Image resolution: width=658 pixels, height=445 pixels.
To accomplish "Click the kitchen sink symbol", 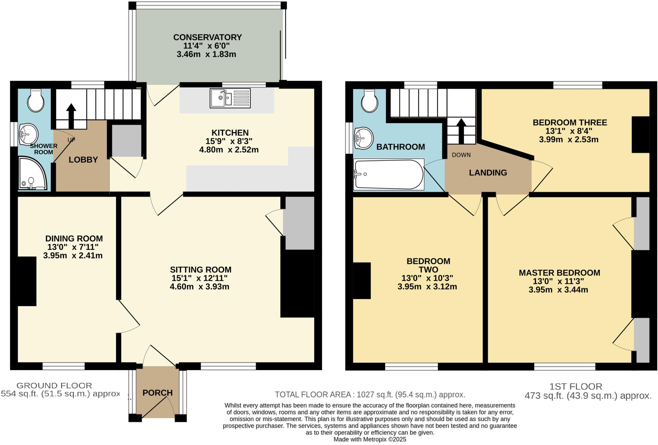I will [x=230, y=98].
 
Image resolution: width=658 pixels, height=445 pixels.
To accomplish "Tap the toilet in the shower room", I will [x=35, y=100].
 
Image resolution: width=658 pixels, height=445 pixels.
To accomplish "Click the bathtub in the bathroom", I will [x=388, y=174].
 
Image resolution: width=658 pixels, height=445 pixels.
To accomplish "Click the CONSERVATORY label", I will [x=207, y=37].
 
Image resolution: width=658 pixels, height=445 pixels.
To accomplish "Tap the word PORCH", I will [x=157, y=393].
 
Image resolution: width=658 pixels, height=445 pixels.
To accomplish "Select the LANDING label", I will [x=488, y=173].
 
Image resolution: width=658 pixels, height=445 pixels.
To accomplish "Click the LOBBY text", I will [x=83, y=160].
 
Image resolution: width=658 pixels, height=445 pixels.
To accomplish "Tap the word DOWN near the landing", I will [x=461, y=155].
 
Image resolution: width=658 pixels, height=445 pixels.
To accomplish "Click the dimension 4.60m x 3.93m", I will [x=200, y=287].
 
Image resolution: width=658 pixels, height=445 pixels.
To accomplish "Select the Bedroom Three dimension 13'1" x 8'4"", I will [x=568, y=131].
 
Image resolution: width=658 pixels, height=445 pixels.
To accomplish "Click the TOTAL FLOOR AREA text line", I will [x=370, y=395].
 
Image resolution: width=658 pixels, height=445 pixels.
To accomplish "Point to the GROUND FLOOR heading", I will [x=54, y=386].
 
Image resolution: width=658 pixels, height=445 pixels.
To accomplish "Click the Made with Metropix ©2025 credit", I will [x=370, y=439].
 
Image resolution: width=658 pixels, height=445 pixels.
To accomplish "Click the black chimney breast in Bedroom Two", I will [x=362, y=280].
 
